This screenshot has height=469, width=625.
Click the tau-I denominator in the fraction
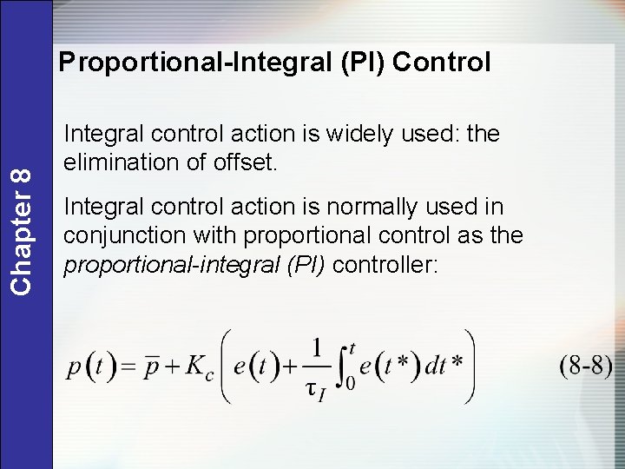pos(316,389)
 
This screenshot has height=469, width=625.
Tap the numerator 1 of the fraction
pos(316,348)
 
